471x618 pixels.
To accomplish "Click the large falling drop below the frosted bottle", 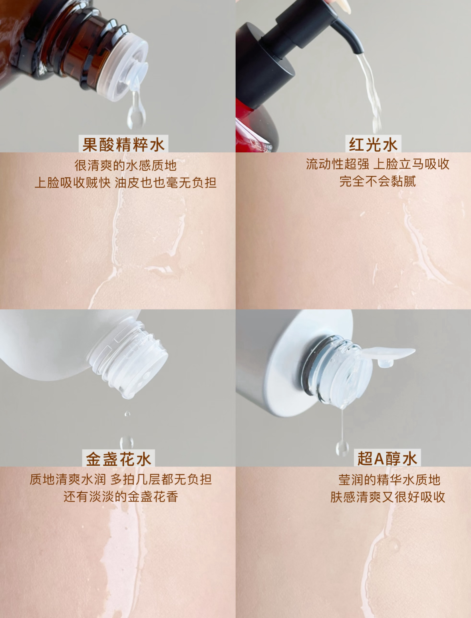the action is [x=127, y=443].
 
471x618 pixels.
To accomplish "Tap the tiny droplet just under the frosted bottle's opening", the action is [x=127, y=414].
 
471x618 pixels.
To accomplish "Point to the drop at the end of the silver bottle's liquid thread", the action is [x=342, y=448].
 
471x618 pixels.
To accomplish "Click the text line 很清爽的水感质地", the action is [x=125, y=166].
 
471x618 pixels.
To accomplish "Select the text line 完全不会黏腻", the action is [x=378, y=181].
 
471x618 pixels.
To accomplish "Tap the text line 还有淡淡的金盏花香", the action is [x=121, y=496].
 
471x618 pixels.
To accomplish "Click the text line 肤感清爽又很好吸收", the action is [x=388, y=497].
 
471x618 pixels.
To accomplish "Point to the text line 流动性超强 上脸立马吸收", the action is [x=378, y=164].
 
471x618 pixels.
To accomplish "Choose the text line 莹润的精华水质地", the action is [x=389, y=480].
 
